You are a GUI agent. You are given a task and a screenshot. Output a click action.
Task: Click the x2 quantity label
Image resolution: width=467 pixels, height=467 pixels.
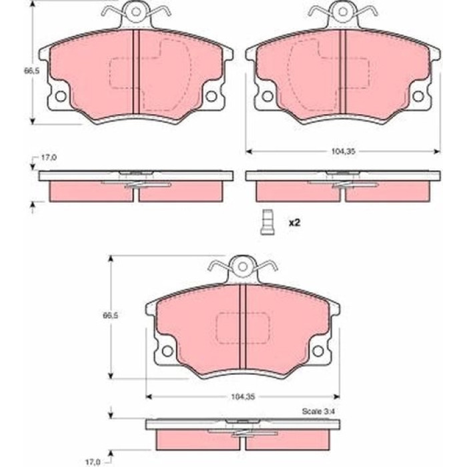[294, 222]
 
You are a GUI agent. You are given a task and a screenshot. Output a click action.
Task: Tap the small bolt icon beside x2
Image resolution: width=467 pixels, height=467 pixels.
[267, 222]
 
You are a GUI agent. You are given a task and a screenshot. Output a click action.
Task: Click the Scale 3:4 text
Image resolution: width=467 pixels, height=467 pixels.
[318, 412]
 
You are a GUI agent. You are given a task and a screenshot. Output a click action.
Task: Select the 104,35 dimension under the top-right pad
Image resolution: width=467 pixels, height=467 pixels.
[344, 151]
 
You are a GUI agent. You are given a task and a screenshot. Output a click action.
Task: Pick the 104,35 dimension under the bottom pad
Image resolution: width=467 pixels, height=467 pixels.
[243, 397]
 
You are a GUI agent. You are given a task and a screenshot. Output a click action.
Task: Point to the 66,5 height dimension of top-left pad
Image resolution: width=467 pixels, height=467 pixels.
[31, 71]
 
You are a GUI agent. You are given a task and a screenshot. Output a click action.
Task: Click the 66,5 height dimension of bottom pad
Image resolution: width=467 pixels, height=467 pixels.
[110, 315]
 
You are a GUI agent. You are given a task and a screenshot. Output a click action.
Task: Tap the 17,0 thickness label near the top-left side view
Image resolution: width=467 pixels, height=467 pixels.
[49, 158]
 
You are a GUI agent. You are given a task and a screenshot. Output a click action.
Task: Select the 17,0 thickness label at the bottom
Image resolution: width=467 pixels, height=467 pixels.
[93, 462]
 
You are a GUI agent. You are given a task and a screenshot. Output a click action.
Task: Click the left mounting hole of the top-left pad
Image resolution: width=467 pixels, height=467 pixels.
[61, 96]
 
